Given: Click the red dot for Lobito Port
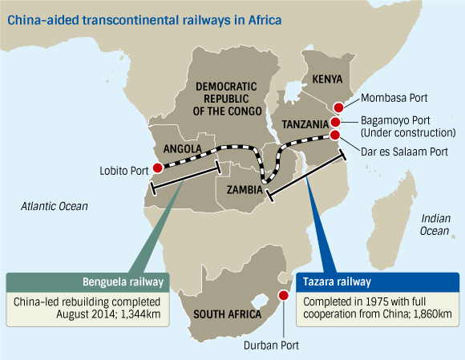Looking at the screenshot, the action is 157,168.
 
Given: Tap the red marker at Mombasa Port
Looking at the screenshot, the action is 338,107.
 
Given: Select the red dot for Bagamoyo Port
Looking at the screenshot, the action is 335,122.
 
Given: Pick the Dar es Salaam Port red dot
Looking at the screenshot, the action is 335,135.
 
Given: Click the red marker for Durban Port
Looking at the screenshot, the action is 284,295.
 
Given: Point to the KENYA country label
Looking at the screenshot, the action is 327,79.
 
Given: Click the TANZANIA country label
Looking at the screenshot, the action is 305,124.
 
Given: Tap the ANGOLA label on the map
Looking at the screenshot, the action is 182,149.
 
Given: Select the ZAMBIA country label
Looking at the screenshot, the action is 245,190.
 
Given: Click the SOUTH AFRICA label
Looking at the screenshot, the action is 228,314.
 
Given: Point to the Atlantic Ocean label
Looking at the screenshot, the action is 55,206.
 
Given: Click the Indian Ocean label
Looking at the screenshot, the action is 435,224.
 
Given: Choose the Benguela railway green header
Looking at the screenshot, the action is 87,282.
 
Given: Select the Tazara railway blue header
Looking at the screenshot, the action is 378,282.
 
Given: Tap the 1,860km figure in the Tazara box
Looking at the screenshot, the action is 432,313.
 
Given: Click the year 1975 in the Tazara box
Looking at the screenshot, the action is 376,302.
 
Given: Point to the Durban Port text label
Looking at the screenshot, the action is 271,346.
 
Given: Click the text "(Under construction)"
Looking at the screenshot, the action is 408,133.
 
